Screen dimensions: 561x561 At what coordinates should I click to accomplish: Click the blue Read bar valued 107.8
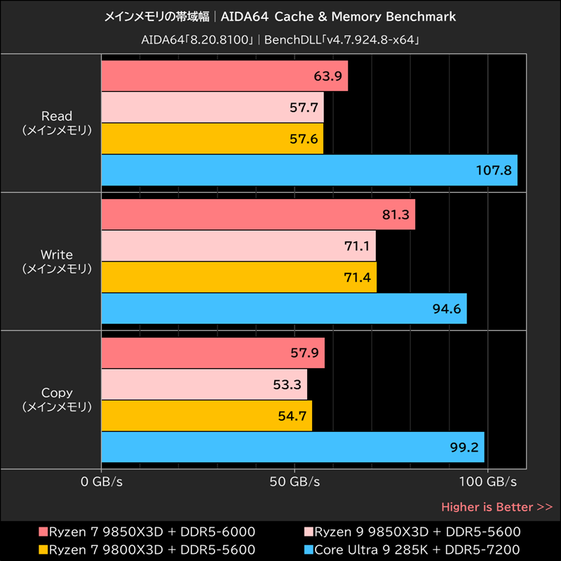(x=309, y=170)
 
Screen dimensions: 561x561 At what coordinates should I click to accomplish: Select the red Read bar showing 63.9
(x=224, y=76)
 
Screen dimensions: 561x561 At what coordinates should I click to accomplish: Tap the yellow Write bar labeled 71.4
(x=238, y=278)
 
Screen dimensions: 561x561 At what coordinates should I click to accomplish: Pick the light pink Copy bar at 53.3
(x=204, y=384)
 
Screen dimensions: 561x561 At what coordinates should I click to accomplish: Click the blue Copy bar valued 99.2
(x=292, y=447)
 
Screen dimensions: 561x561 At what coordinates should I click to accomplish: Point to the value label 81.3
(x=396, y=215)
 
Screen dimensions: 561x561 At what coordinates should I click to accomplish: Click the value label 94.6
(x=447, y=309)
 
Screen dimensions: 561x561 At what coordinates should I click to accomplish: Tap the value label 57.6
(x=304, y=139)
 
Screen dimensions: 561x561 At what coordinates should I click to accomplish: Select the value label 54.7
(x=292, y=416)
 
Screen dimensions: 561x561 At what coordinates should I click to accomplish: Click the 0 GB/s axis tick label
(x=101, y=482)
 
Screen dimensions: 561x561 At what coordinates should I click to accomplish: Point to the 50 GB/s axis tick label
(x=295, y=482)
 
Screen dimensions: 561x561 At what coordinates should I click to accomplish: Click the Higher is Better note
(x=496, y=506)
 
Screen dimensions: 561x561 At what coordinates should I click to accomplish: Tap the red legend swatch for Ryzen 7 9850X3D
(x=43, y=532)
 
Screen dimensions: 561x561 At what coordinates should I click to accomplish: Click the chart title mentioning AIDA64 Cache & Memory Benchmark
(x=280, y=16)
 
